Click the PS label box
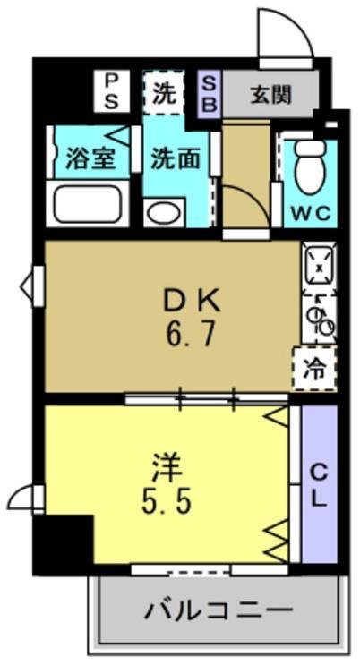point(113,90)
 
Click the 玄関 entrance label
point(270,92)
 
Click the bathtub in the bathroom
point(88,203)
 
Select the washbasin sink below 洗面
point(163,212)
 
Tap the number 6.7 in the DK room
point(191,337)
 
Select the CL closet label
point(319,485)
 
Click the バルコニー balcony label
point(219,612)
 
